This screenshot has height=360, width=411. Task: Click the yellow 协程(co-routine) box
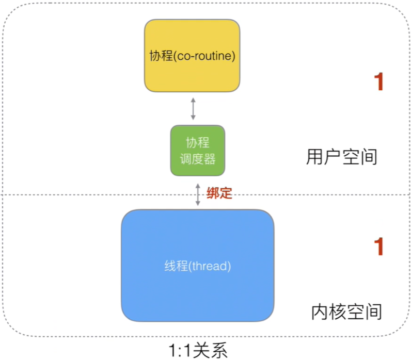point(192,56)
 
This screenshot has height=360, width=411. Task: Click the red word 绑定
point(219,193)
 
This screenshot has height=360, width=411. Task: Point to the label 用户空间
point(341,157)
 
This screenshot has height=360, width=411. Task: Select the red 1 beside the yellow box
point(380,83)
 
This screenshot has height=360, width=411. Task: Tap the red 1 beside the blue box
point(380,247)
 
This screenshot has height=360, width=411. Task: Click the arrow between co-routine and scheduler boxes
point(193,109)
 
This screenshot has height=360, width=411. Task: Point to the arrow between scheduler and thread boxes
point(198,193)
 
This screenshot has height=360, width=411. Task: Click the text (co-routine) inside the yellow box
point(206,56)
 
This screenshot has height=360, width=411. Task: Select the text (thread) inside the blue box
point(210,267)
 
